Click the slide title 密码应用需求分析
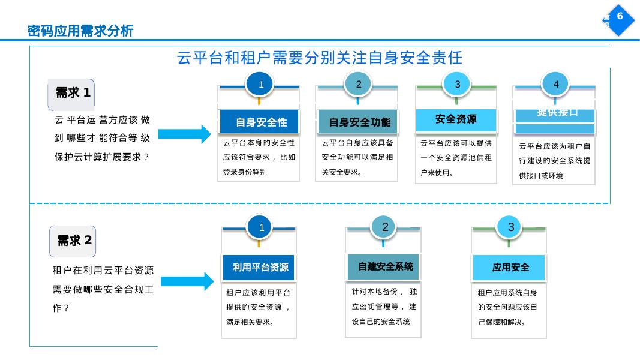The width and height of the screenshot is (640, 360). pos(80,31)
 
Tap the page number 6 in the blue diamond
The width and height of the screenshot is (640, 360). pos(620,17)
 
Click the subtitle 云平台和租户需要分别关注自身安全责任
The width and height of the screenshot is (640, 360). pos(320,58)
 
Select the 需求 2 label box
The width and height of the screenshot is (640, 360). pos(73,241)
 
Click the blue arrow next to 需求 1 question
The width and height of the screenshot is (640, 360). pos(184,134)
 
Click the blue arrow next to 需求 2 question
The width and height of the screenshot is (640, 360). pos(187,281)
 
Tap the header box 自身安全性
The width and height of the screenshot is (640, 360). pos(261,122)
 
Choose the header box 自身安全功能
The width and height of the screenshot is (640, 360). pos(359,122)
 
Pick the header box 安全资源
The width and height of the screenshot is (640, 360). pos(456,119)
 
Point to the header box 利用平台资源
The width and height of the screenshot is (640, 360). pos(260,268)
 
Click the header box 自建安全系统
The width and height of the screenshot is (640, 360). pos(385,266)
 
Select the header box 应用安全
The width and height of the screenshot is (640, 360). pos(510,268)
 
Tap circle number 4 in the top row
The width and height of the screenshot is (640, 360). pos(555,85)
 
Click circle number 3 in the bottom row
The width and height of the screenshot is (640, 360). pos(510,227)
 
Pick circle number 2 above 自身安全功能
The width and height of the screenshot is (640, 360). pos(359,85)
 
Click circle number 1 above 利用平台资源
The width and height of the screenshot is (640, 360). pos(261,228)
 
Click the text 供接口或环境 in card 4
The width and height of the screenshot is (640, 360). pos(541,176)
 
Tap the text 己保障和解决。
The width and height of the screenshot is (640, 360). pos(502,322)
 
